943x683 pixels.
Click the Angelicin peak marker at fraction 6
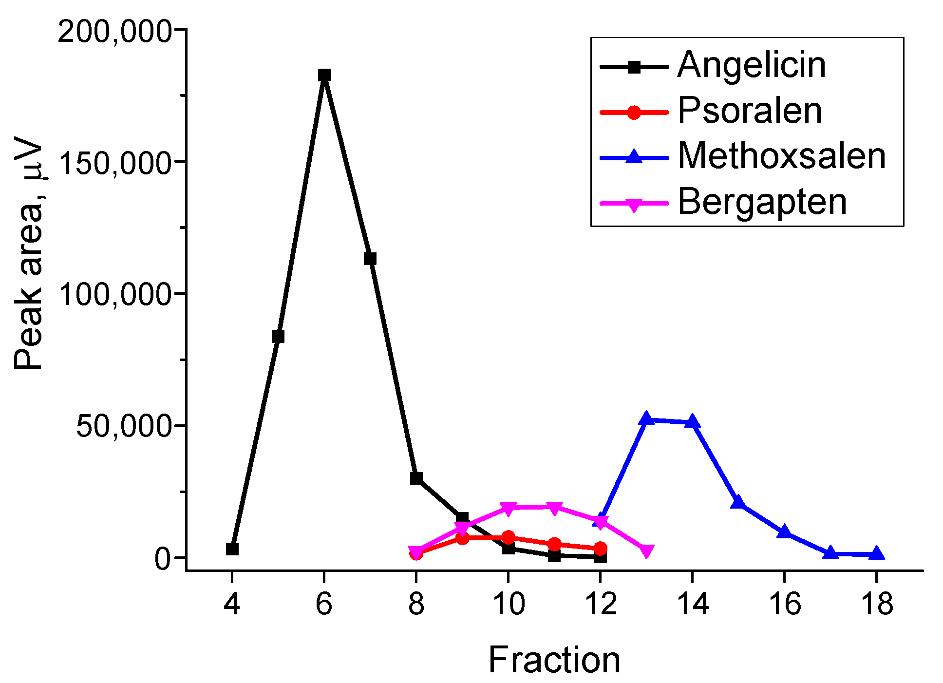(324, 75)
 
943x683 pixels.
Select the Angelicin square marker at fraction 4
(232, 549)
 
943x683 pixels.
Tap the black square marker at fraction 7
(370, 259)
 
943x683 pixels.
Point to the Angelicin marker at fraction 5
(278, 337)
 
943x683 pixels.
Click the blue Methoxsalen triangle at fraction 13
(646, 418)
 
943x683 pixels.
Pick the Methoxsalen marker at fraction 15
(738, 502)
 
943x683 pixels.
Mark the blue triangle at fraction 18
(876, 554)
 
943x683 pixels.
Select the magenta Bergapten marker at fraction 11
(554, 508)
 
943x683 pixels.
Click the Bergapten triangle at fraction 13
(646, 551)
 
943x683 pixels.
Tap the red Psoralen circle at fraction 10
(508, 538)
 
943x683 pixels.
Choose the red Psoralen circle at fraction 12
(601, 549)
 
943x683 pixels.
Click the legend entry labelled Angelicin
(752, 65)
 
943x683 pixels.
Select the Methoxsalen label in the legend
(781, 156)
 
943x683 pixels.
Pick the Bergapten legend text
(762, 202)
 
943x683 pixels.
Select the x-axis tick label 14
(692, 604)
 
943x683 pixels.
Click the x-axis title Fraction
(554, 660)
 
